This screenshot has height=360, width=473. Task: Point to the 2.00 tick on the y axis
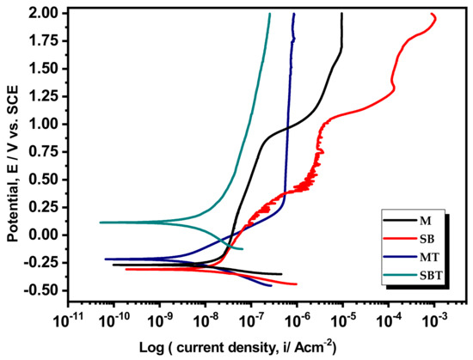43,14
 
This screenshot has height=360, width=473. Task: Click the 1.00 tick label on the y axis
43,124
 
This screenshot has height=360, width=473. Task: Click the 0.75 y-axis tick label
43,151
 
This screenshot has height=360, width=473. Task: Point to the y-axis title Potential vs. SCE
14,153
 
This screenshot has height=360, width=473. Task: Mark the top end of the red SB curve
455,14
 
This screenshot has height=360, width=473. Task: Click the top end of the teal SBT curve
269,14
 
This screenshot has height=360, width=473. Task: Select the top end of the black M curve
341,14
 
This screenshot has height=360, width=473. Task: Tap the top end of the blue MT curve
294,14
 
